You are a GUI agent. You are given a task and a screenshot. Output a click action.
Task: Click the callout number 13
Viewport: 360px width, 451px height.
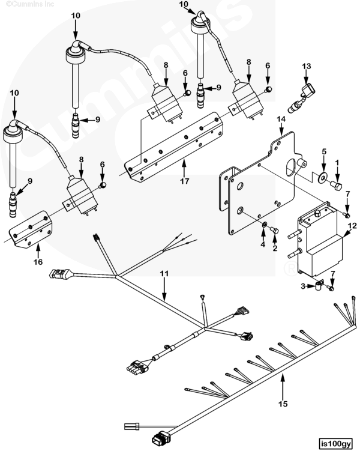click(307, 66)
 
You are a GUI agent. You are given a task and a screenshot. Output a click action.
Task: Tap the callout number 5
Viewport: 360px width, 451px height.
click(323, 151)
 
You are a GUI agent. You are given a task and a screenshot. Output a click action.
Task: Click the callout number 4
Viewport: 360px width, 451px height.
click(262, 244)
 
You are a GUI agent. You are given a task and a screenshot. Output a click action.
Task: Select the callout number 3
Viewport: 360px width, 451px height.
click(303, 286)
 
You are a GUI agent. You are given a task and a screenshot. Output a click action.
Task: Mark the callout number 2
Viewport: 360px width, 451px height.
click(275, 247)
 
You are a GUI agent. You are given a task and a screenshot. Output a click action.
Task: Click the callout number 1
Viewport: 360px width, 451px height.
click(337, 162)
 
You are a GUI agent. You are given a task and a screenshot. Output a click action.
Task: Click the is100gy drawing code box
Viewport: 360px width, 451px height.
click(334, 443)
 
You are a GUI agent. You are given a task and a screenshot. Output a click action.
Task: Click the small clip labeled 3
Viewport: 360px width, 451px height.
click(314, 286)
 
